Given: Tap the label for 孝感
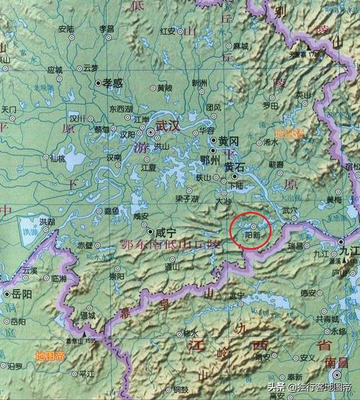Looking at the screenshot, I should tap(115, 84).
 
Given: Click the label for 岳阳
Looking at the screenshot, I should tap(21, 294).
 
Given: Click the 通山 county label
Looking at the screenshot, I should tap(171, 266).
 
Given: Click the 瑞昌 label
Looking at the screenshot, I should tap(297, 246).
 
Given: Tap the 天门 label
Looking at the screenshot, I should tap(9, 110).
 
